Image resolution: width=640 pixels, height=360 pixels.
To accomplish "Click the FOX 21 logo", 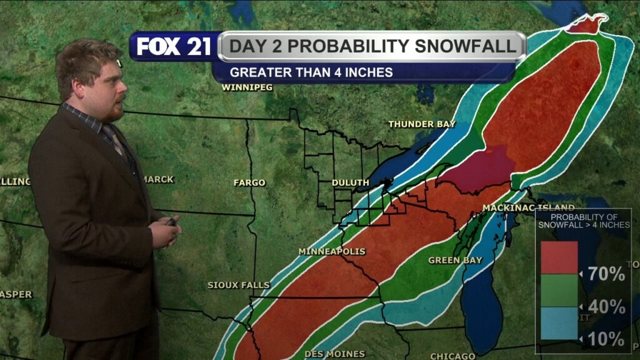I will point(174,46).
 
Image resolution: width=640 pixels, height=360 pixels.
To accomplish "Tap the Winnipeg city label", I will point(247,87).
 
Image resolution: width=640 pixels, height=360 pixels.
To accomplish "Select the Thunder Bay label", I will point(422,124).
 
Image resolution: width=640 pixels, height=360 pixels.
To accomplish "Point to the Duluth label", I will point(350,182).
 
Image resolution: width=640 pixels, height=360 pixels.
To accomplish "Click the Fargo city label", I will point(249,182).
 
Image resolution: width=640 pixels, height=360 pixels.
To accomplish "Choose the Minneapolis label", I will point(332,251).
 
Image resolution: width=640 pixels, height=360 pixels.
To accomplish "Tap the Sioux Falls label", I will point(239,285).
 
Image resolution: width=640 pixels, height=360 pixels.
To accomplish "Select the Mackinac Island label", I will point(528,207).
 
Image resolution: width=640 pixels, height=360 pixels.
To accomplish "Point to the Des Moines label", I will point(334,354).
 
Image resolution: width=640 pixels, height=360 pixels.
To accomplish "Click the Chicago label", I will point(452,356).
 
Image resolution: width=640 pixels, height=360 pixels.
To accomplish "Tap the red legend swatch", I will point(559,257).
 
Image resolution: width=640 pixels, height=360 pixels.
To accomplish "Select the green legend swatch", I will point(559,291).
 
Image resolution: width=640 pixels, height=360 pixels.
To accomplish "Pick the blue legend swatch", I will point(559,323).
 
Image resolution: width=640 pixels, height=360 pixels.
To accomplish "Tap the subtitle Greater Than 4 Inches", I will point(311,72).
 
